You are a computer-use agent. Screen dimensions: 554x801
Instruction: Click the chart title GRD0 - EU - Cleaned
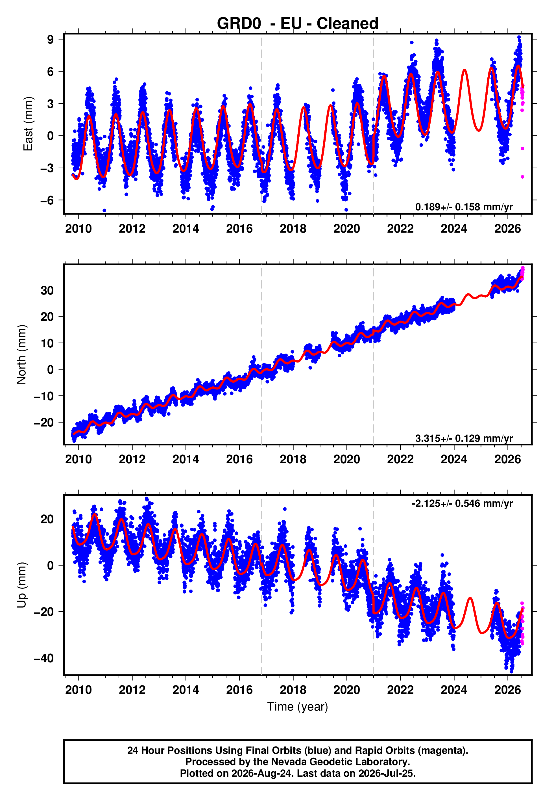(x=298, y=24)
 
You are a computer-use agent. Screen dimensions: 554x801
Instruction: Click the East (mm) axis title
(x=28, y=124)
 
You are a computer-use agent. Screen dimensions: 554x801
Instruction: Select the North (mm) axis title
(x=21, y=354)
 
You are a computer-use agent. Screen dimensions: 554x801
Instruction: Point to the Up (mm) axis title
(x=21, y=585)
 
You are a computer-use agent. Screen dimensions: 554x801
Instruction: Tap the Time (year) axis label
(x=298, y=707)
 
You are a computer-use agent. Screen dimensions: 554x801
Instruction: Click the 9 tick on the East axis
(x=51, y=39)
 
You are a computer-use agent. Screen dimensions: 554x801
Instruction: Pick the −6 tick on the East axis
(x=47, y=200)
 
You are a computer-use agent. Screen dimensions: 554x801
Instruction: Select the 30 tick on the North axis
(x=47, y=290)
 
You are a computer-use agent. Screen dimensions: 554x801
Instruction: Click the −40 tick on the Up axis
(x=44, y=658)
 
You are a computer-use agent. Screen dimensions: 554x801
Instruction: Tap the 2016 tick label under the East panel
(x=239, y=229)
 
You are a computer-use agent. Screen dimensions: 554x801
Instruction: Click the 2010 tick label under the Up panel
(x=78, y=690)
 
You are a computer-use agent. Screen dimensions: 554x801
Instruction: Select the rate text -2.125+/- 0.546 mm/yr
(x=462, y=503)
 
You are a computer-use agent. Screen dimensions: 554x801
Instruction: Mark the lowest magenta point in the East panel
(x=522, y=177)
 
